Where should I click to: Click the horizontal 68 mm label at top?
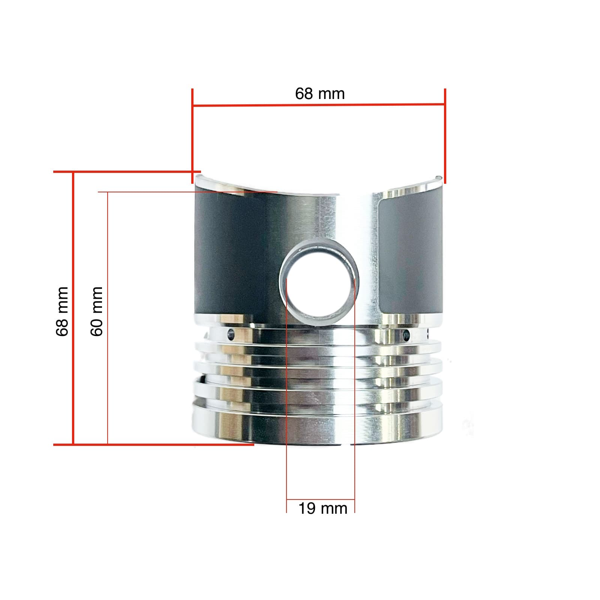coord(319,94)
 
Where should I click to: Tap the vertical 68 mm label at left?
coord(62,311)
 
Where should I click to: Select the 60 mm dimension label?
coord(97,311)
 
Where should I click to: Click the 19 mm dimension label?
coord(322,509)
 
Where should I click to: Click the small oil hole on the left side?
coord(231,333)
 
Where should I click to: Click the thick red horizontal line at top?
coord(319,105)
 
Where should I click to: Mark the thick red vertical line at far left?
coord(73,307)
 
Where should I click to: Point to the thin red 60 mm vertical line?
coord(108,319)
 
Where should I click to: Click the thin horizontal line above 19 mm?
coord(320,499)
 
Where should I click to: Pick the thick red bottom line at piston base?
coord(154,444)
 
